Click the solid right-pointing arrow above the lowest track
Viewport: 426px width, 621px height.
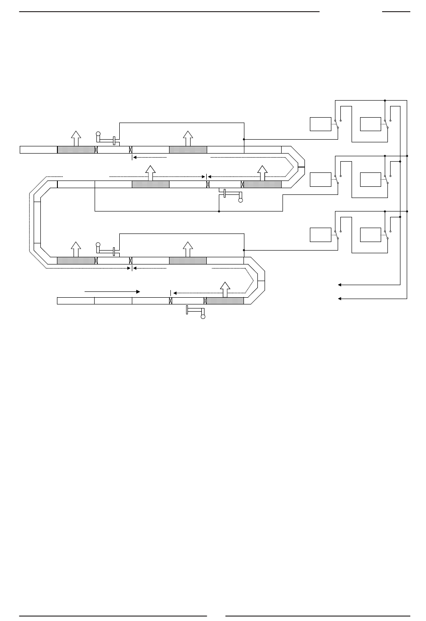pyautogui.click(x=112, y=291)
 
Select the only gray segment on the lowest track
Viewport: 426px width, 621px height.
pyautogui.click(x=225, y=300)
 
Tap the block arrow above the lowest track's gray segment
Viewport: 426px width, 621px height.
pyautogui.click(x=225, y=289)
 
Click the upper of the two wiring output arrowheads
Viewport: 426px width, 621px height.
pyautogui.click(x=340, y=285)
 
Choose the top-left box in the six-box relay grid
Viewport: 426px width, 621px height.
pyautogui.click(x=321, y=124)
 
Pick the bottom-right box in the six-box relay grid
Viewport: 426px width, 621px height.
pyautogui.click(x=370, y=235)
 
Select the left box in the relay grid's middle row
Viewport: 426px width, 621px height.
pyautogui.click(x=321, y=180)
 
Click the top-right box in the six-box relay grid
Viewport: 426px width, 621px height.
pyautogui.click(x=370, y=124)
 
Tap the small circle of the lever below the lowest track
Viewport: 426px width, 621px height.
pyautogui.click(x=203, y=317)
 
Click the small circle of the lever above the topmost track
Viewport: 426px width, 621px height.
pyautogui.click(x=99, y=133)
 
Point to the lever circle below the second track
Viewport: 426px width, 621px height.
pyautogui.click(x=240, y=200)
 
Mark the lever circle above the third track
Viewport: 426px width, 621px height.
pyautogui.click(x=99, y=245)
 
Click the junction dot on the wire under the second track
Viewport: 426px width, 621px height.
pyautogui.click(x=218, y=211)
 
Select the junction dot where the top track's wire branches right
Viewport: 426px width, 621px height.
pyautogui.click(x=244, y=139)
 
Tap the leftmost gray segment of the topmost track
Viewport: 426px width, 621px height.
pyautogui.click(x=76, y=150)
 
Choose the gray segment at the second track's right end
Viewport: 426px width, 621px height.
pyautogui.click(x=262, y=184)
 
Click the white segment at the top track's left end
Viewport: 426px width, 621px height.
pyautogui.click(x=39, y=150)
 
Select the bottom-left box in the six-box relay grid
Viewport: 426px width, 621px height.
pyautogui.click(x=321, y=235)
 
